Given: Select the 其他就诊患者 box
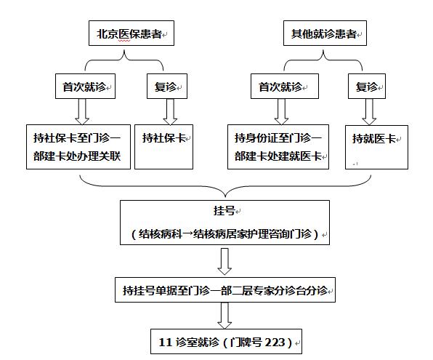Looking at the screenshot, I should click(x=323, y=33).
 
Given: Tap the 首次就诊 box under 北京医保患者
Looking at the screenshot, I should click(x=85, y=87).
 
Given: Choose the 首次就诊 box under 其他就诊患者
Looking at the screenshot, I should click(x=282, y=87).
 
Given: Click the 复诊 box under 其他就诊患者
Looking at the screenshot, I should click(x=367, y=87).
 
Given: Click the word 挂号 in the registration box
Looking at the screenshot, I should click(x=224, y=213).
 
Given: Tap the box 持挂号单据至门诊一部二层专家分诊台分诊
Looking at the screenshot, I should click(x=224, y=291).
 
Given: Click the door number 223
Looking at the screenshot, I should click(x=277, y=341).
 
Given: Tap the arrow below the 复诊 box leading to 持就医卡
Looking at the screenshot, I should click(x=368, y=111).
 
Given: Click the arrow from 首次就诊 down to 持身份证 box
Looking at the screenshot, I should click(x=281, y=111).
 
